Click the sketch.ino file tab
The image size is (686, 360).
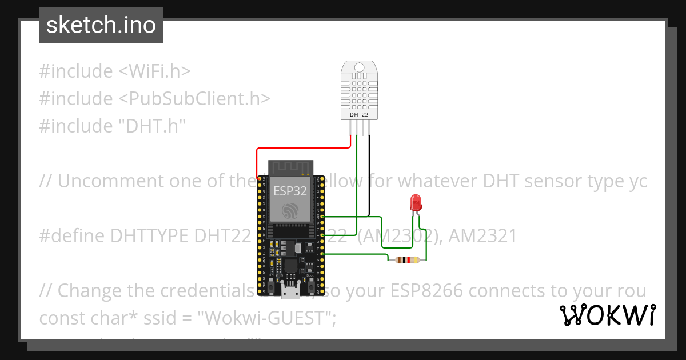pyautogui.click(x=101, y=25)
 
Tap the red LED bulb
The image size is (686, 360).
pyautogui.click(x=416, y=202)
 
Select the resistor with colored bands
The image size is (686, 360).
pyautogui.click(x=407, y=261)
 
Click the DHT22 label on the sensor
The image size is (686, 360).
pyautogui.click(x=359, y=115)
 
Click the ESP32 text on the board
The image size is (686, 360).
pyautogui.click(x=290, y=190)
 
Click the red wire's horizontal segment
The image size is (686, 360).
pyautogui.click(x=303, y=148)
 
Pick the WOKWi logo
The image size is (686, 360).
pyautogui.click(x=607, y=315)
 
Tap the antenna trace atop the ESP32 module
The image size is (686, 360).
pyautogui.click(x=290, y=167)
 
